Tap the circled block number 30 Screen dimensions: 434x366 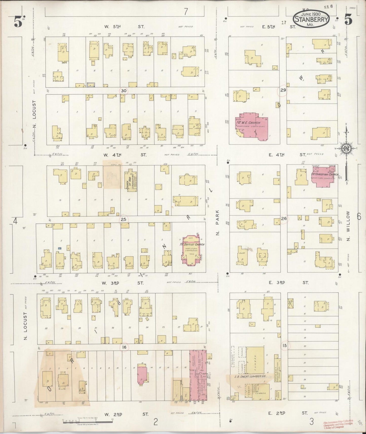124,91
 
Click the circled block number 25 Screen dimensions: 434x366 123,219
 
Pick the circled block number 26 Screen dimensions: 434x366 283,219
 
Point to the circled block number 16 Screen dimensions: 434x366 124,347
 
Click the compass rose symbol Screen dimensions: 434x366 345,149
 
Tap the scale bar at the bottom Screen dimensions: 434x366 88,421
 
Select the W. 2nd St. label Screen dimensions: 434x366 126,414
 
